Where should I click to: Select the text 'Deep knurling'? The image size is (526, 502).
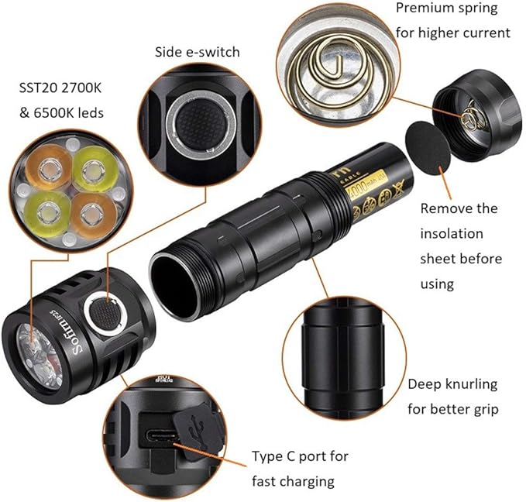452,384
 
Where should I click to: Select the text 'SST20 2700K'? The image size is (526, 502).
61,87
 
